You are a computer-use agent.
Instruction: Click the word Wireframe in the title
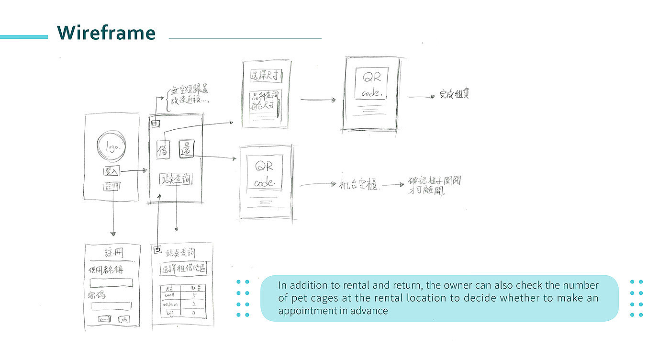coord(106,33)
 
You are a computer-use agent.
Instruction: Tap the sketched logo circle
coord(111,147)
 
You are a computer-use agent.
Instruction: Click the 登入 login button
coord(111,171)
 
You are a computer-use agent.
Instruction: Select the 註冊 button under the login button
coord(111,187)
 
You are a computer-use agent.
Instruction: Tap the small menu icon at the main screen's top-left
coord(156,124)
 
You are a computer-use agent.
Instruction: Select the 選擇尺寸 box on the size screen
coord(266,75)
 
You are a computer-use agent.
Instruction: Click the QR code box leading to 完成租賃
coord(371,83)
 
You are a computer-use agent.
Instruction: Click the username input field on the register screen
coord(111,283)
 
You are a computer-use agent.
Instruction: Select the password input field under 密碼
coord(111,306)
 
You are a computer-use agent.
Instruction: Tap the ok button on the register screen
coord(124,319)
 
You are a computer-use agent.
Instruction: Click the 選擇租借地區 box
coord(184,269)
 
